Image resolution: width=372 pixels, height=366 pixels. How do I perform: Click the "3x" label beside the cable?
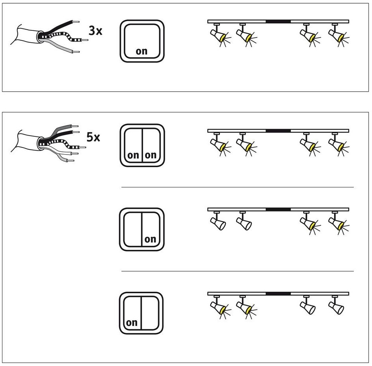(x=95, y=30)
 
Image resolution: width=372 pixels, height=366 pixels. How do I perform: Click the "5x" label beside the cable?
(x=93, y=137)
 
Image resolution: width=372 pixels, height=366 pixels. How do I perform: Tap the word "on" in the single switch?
(x=142, y=51)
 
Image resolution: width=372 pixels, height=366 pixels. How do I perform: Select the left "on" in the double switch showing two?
(x=133, y=155)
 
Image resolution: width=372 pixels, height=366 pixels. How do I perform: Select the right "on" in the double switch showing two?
(x=151, y=155)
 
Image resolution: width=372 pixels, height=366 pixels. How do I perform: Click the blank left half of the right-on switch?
(x=133, y=229)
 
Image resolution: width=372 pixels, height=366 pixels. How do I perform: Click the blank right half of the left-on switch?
(x=150, y=313)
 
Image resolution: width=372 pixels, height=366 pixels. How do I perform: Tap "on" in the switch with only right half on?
(x=150, y=239)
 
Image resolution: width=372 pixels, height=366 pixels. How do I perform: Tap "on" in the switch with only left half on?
(x=132, y=323)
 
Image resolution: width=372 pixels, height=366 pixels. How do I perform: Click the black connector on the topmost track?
(x=278, y=22)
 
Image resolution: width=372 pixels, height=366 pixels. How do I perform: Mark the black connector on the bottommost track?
(x=278, y=294)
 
